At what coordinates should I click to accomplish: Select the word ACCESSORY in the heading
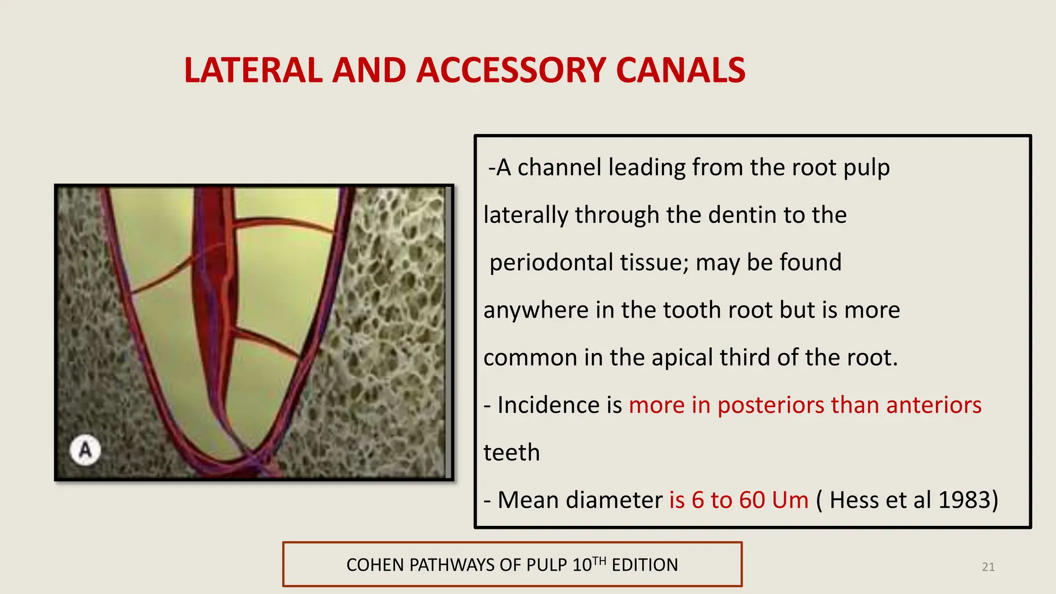[x=510, y=71]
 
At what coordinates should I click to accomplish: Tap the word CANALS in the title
[x=681, y=71]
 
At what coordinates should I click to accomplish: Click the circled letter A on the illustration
[x=85, y=450]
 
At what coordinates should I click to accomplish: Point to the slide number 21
[x=988, y=567]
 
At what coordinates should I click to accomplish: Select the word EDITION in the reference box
[x=645, y=565]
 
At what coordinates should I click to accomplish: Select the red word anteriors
[x=934, y=405]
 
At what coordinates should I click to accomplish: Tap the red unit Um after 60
[x=790, y=500]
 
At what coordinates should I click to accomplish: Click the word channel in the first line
[x=559, y=168]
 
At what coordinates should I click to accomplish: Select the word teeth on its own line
[x=511, y=453]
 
